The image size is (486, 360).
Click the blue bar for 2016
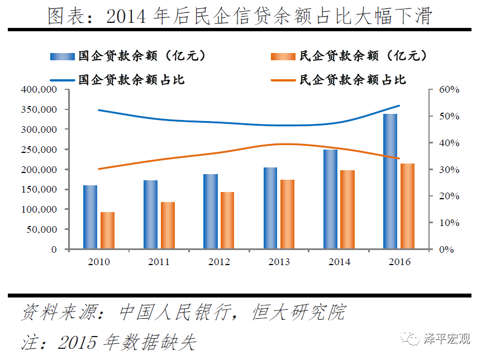coord(390,181)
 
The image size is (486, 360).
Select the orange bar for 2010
coord(107,231)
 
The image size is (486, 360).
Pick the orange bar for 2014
coord(347,209)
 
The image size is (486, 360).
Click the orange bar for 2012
coord(227,220)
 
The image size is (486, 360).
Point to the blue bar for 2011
coord(150,214)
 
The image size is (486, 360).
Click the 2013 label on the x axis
coord(279,262)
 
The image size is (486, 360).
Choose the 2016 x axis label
coord(399,262)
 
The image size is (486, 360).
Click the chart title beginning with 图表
coord(241,16)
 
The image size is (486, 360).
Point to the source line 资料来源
coord(183,312)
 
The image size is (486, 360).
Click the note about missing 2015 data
coord(108,342)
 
